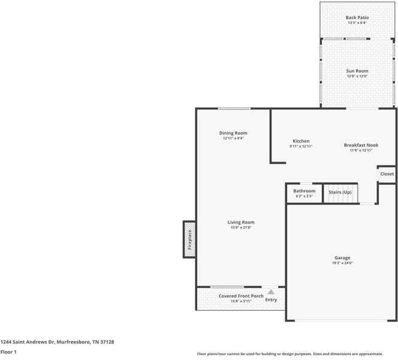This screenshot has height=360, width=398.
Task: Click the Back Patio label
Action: tap(357, 17)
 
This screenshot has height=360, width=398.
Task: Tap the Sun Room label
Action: tap(357, 71)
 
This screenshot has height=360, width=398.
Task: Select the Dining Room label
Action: tap(233, 133)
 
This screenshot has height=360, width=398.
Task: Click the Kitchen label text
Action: tap(301, 141)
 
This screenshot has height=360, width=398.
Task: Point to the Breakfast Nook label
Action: tap(361, 145)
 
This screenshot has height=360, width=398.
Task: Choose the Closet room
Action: tap(387, 174)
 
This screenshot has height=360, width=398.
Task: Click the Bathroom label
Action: tap(304, 191)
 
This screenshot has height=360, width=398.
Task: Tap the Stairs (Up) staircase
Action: tap(340, 193)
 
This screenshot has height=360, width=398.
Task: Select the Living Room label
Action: tap(240, 223)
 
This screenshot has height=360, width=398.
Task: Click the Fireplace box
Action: tap(189, 239)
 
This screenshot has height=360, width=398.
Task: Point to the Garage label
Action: tap(342, 258)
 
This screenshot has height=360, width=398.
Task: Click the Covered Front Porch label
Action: tap(241, 296)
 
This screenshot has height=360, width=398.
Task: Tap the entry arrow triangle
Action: tap(271, 292)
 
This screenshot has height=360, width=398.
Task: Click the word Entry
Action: tap(271, 299)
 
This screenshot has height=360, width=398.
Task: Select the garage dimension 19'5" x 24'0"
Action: tap(342, 263)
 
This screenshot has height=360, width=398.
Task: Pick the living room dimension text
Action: tap(240, 228)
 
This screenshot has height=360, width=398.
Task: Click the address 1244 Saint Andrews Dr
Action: tap(57, 341)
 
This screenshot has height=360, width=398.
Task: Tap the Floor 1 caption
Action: tap(8, 352)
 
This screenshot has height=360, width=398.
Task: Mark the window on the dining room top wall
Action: tap(234, 109)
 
